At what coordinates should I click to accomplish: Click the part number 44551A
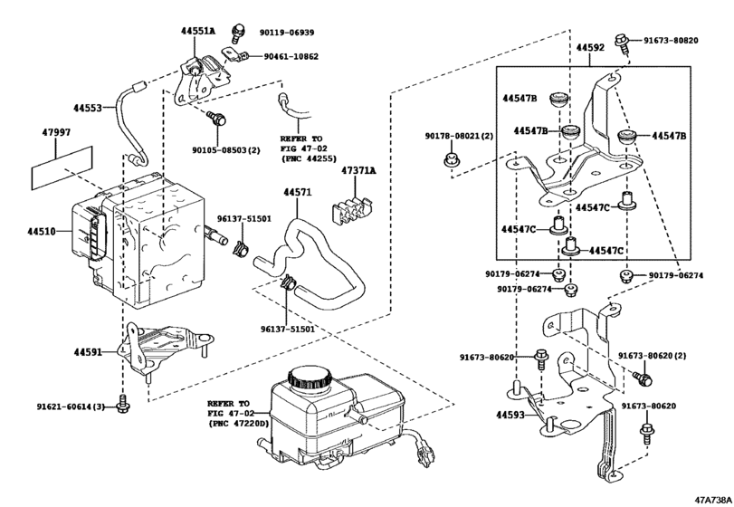click(x=197, y=31)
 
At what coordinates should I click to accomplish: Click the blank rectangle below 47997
click(x=62, y=168)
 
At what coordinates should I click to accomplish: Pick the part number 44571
click(x=297, y=193)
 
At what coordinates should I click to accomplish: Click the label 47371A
click(x=358, y=170)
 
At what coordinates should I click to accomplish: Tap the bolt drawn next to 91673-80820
click(x=623, y=41)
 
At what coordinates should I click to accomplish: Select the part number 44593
click(x=510, y=416)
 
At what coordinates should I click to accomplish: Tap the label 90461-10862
click(x=291, y=56)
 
